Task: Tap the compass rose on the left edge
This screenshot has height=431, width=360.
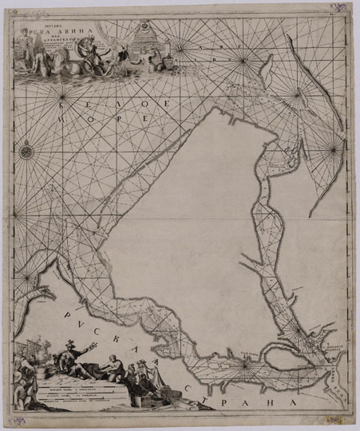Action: [27, 148]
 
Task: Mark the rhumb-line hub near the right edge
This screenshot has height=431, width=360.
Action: [332, 148]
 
